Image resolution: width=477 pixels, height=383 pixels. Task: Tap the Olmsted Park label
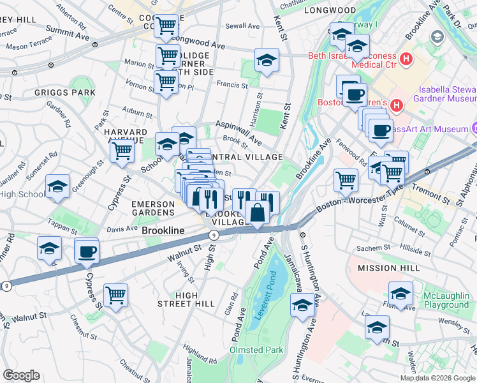(265, 350)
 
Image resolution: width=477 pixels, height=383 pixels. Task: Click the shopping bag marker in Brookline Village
(257, 213)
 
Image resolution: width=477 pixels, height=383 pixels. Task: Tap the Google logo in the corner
(21, 375)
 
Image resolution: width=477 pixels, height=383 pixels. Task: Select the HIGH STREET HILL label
(186, 299)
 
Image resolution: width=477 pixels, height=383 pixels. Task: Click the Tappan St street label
(62, 222)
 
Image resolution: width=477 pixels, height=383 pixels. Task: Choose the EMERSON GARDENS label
(153, 207)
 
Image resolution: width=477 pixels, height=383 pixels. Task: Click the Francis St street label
(231, 84)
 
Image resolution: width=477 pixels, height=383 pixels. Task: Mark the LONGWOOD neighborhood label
(330, 10)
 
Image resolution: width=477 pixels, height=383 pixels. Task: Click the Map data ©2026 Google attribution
(437, 378)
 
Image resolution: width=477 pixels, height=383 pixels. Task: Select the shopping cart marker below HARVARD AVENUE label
(121, 151)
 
